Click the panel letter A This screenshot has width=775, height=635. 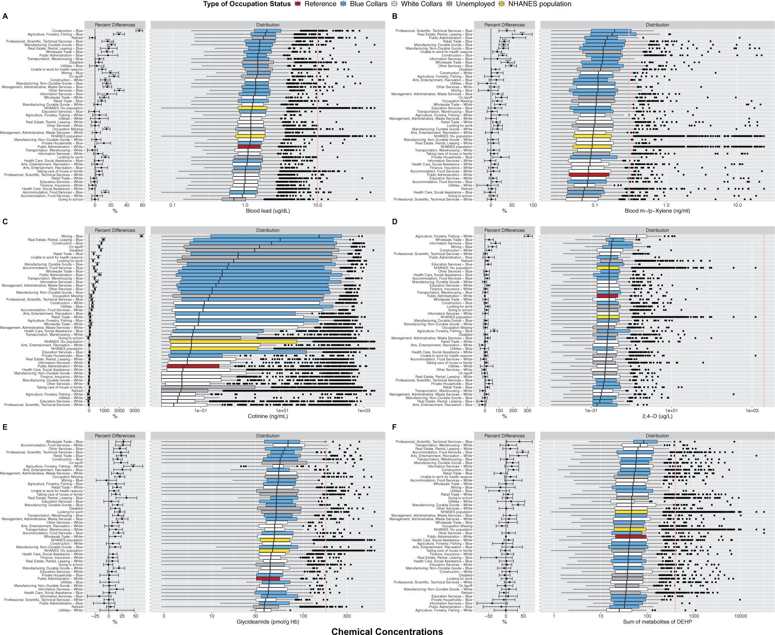pos(5,16)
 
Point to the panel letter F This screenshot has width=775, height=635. pos(394,427)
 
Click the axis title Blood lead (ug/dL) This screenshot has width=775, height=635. pos(268,211)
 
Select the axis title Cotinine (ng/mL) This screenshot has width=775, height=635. pos(268,416)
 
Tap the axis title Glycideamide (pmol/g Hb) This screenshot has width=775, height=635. pos(268,622)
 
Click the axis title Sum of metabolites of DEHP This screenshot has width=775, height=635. pos(657,622)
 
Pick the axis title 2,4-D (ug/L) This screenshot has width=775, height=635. pos(657,416)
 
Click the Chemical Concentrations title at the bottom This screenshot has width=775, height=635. pos(387,632)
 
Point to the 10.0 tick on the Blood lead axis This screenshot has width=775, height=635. pos(318,205)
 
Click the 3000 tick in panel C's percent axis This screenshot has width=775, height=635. pos(135,410)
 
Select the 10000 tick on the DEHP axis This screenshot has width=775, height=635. pos(740,616)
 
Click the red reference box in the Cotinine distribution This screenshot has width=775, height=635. pos(193,366)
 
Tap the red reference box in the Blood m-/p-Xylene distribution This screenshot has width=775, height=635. pos(589,175)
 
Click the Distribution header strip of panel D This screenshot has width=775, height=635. pos(657,230)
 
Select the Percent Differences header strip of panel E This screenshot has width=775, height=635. pos(115,436)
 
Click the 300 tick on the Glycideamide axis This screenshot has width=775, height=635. pos(347,616)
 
